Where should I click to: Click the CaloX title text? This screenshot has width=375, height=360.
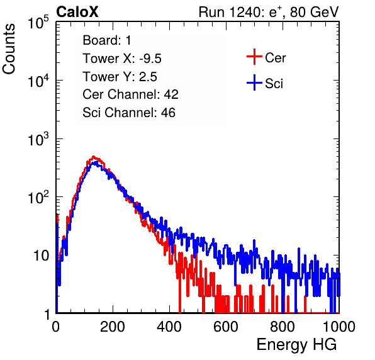click(77, 12)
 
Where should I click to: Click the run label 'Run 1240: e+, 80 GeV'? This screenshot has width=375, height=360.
click(269, 12)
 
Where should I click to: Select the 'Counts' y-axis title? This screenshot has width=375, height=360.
click(9, 49)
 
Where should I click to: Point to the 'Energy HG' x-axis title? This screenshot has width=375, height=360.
click(296, 344)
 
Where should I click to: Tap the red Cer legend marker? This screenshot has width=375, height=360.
click(254, 57)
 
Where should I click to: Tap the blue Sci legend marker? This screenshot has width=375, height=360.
click(254, 83)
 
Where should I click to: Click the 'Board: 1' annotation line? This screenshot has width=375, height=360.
click(107, 40)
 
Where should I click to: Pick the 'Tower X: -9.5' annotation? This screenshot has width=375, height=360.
click(122, 59)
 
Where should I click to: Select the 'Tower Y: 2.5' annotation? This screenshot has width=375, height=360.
click(120, 77)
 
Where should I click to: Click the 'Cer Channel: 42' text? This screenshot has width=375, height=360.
click(131, 94)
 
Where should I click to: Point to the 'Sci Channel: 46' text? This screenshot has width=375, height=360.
click(129, 113)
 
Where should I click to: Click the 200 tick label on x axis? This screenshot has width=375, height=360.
click(113, 327)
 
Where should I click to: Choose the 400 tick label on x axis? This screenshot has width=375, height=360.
click(169, 327)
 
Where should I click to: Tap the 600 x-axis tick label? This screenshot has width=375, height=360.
click(226, 327)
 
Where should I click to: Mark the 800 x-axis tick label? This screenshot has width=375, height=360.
click(283, 327)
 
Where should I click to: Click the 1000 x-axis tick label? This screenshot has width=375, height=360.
click(339, 327)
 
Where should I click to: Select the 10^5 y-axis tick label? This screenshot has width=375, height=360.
click(38, 23)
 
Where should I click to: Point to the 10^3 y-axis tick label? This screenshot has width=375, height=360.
click(38, 139)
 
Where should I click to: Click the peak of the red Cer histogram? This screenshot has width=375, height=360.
click(94, 157)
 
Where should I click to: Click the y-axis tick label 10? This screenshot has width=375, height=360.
click(41, 256)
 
